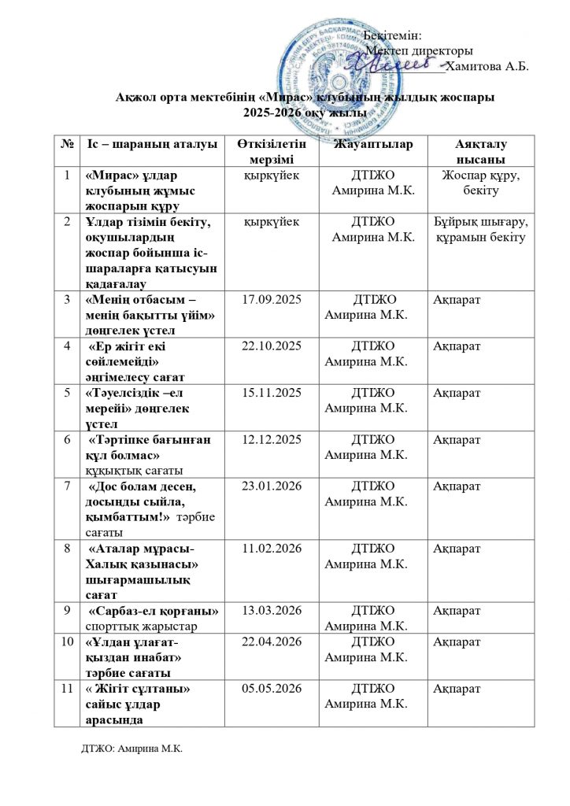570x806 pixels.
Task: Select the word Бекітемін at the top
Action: click(393, 35)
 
